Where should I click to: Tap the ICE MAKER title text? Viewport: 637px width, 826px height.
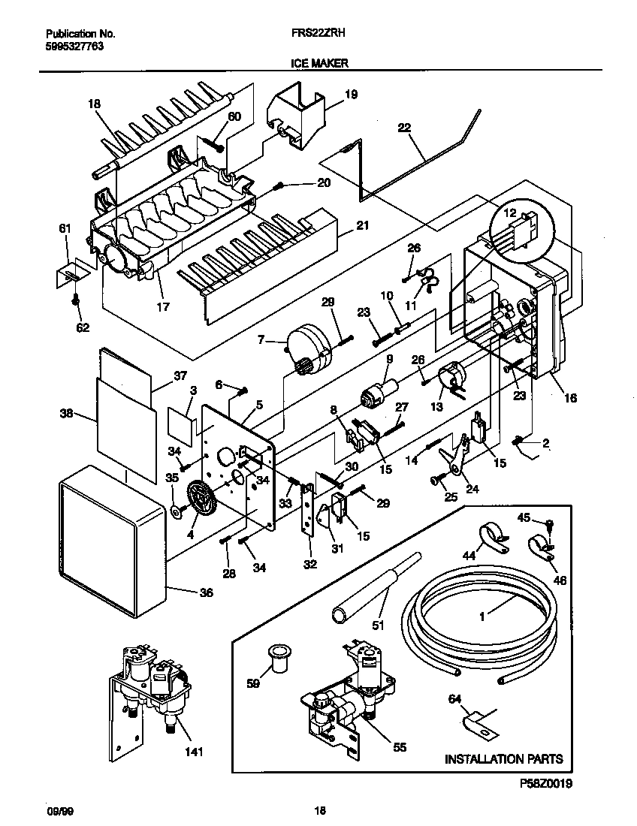318,64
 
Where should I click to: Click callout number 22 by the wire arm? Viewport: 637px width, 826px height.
405,128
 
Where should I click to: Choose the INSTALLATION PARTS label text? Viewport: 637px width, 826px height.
503,759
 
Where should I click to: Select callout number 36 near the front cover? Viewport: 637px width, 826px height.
205,593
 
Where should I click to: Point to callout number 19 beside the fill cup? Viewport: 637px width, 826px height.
351,95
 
